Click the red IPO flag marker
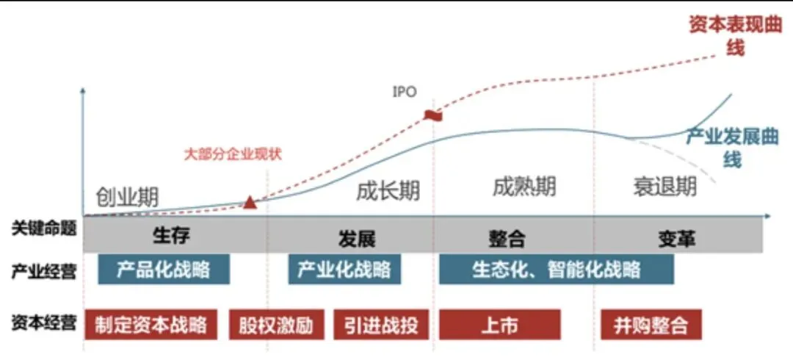[432, 115]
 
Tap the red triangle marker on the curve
[250, 202]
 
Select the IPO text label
[405, 93]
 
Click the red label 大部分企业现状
[233, 154]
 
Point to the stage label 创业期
[127, 196]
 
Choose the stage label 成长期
[388, 191]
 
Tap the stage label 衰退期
[665, 187]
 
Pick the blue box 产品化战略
[164, 269]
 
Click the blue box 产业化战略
[344, 269]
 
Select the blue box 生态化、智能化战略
[556, 270]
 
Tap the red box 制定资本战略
[151, 325]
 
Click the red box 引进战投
[380, 325]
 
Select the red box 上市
[499, 325]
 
